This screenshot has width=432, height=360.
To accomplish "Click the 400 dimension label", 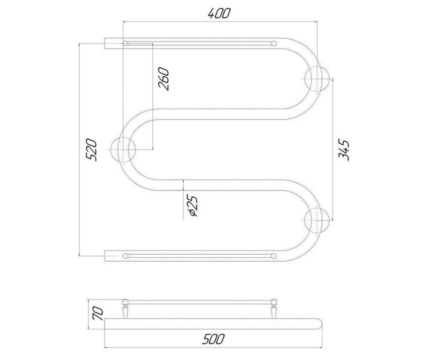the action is tap(219, 14).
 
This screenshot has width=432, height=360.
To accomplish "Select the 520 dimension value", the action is tap(91, 150).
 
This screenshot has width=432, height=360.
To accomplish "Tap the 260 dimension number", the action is tap(163, 79).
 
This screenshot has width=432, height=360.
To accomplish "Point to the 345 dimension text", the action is tap(344, 150).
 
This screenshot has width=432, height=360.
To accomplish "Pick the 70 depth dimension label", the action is tap(98, 314).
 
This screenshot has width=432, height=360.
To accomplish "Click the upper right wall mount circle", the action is tap(317, 79).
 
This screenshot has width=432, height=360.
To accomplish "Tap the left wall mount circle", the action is tap(123, 149).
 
